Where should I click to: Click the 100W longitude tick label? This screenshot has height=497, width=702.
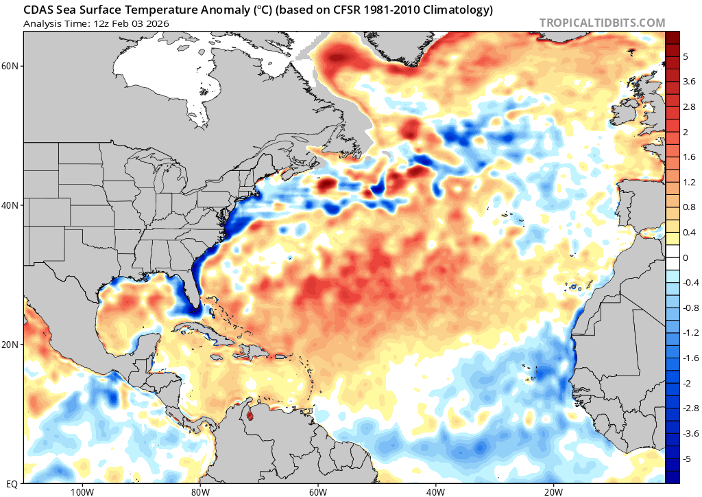click(82, 492)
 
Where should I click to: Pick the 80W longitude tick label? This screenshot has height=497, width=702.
click(199, 492)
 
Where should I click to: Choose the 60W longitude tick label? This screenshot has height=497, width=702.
click(317, 492)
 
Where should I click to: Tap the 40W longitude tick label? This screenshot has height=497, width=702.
click(435, 492)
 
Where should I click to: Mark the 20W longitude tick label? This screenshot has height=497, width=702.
click(553, 492)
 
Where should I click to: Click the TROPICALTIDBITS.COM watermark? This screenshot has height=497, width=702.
click(602, 23)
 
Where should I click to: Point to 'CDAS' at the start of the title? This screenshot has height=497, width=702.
click(38, 10)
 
